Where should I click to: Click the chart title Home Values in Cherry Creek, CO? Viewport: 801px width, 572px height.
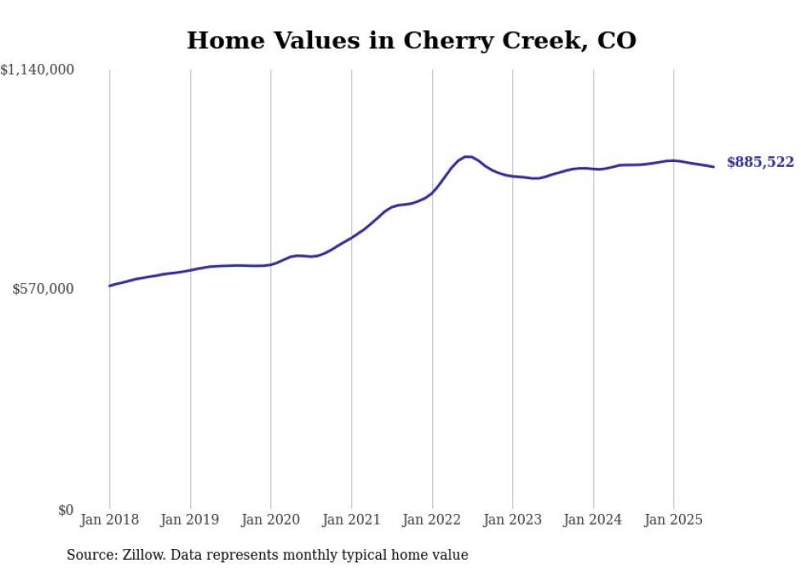411,39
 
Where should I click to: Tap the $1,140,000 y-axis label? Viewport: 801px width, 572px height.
38,71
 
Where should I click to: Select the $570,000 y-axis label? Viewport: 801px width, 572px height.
43,289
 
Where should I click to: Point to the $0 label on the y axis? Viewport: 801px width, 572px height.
65,510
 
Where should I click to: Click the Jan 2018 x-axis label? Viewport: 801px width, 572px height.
110,520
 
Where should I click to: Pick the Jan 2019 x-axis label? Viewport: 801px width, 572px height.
190,520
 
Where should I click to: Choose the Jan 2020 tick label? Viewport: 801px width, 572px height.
271,520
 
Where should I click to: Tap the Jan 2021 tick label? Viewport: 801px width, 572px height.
351,520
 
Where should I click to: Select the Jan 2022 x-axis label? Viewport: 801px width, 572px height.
432,520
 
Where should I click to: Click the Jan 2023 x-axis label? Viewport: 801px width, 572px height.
512,520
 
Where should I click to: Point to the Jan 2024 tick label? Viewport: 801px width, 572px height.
593,520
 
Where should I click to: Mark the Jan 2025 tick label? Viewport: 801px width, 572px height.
673,520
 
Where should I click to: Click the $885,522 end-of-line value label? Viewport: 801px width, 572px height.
760,163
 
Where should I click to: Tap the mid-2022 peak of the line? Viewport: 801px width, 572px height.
468,156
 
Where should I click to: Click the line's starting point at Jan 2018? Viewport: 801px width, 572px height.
110,286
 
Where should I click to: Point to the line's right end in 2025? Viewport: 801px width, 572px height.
714,167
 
